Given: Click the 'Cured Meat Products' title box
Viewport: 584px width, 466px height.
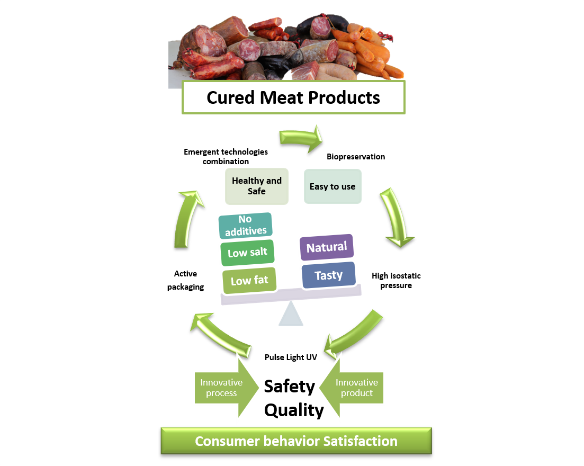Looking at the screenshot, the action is [293, 97].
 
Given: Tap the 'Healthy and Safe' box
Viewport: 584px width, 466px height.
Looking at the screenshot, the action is [257, 186].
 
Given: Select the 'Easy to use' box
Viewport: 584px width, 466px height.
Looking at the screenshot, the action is [333, 186].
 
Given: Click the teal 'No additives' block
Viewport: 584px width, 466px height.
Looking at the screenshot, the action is [246, 226].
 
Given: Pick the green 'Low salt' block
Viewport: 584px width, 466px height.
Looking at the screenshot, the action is [248, 253].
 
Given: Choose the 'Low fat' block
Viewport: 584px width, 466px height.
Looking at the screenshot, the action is [249, 280].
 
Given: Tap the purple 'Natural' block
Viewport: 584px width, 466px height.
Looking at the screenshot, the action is [327, 247].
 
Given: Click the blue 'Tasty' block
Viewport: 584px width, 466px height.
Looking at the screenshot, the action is [328, 275].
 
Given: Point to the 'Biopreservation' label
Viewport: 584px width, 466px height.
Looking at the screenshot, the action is [356, 157].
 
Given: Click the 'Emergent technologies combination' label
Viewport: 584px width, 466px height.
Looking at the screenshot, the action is [226, 156].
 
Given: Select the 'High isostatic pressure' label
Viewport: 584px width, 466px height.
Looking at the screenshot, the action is [396, 281].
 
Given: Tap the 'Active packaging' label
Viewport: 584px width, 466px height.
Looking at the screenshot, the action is [185, 280].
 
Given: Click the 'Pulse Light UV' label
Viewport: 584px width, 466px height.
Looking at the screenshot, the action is [291, 357].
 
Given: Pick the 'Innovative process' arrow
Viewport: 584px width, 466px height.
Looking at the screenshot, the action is [226, 388].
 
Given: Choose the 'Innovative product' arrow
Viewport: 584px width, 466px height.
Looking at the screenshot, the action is [352, 388].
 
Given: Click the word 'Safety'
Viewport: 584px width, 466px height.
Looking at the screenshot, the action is [290, 386].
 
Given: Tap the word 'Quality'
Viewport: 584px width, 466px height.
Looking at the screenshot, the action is [294, 410].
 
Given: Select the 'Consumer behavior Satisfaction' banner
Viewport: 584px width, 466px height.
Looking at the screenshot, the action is [297, 441].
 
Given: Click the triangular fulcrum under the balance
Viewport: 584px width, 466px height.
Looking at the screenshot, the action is [291, 314].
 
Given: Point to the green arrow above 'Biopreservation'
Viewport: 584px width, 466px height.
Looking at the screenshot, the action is [301, 139].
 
